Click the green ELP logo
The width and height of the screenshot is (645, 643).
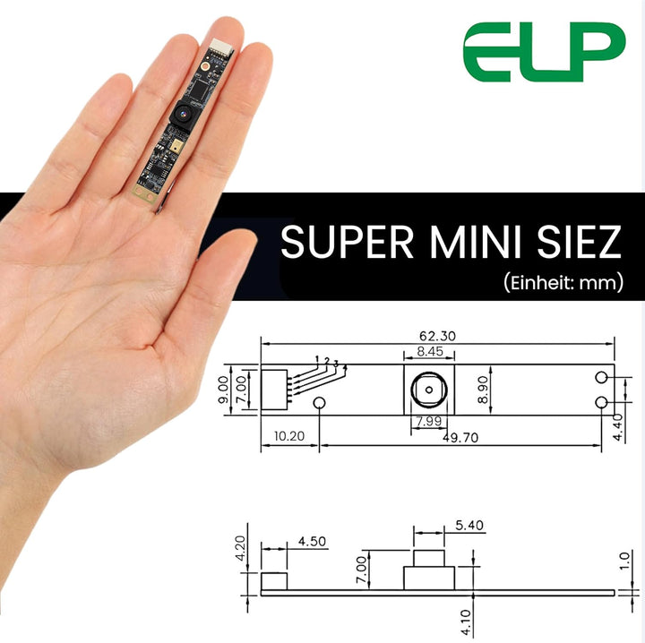tap(544, 51)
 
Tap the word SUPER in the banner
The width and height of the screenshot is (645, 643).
tap(348, 242)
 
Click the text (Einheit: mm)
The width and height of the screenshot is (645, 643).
tap(563, 282)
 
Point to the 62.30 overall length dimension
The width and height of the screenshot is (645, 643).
tap(437, 336)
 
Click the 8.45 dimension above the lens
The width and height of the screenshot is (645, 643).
tap(430, 351)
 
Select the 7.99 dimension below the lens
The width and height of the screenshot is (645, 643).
tap(428, 421)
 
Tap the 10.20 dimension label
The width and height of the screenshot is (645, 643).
tap(289, 436)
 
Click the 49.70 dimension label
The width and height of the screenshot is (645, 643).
tap(460, 437)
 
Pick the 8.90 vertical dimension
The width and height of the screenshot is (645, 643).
tap(483, 390)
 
